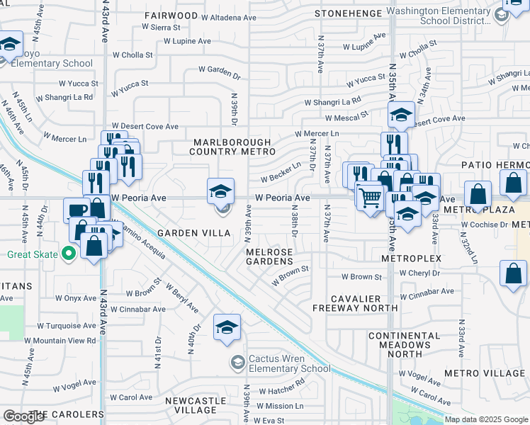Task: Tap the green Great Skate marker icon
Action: [x=69, y=252]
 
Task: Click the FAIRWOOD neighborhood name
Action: [x=171, y=15]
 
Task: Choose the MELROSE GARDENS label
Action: [x=269, y=256]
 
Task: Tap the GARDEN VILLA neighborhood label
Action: [x=195, y=233]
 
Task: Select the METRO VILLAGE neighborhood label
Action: [x=485, y=373]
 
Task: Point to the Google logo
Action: [x=23, y=416]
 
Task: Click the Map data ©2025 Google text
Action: [x=485, y=419]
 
